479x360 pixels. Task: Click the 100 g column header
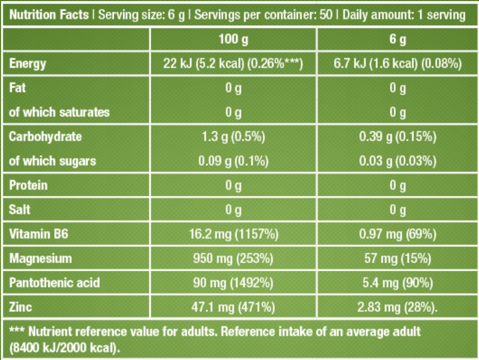[233, 40]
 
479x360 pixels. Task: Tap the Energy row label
[28, 64]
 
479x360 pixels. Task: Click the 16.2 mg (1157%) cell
[233, 235]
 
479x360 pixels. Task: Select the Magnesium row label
[41, 259]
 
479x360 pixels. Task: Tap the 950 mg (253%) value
[233, 259]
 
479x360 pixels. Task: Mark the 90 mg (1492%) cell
[233, 283]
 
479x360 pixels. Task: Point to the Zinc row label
[21, 307]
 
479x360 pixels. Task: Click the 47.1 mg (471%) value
[233, 307]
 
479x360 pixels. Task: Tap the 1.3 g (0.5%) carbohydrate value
[233, 137]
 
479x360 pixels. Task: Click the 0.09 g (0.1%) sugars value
[233, 161]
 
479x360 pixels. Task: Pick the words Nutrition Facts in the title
[49, 15]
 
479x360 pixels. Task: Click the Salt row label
[20, 210]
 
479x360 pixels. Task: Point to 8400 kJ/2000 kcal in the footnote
[64, 347]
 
